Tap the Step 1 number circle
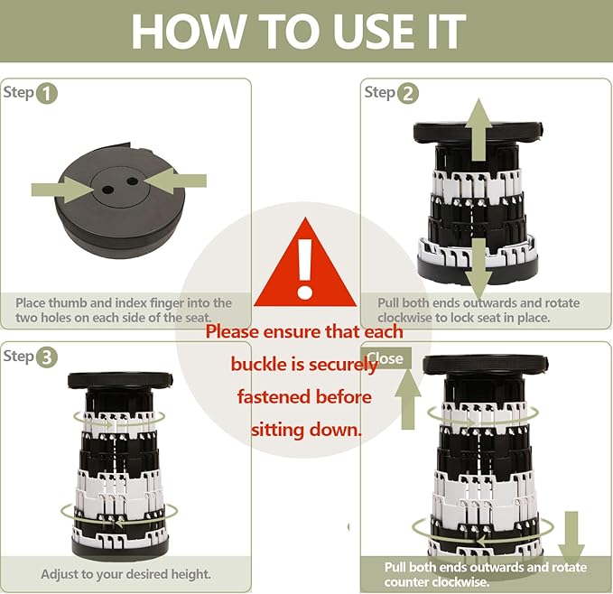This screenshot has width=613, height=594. click(47, 94)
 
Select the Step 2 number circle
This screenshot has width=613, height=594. click(408, 94)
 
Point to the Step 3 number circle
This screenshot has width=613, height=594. click(47, 357)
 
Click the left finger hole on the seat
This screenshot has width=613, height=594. click(107, 190)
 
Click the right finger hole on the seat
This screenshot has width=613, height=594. click(133, 181)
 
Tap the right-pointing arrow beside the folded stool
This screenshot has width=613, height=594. click(62, 190)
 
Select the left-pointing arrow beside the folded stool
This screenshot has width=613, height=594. click(175, 181)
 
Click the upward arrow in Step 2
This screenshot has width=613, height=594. click(478, 129)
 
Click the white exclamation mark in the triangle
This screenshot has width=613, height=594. click(304, 268)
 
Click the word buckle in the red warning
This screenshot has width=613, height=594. click(258, 365)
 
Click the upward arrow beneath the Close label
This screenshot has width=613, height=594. click(408, 399)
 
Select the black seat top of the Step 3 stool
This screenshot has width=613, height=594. click(120, 380)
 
